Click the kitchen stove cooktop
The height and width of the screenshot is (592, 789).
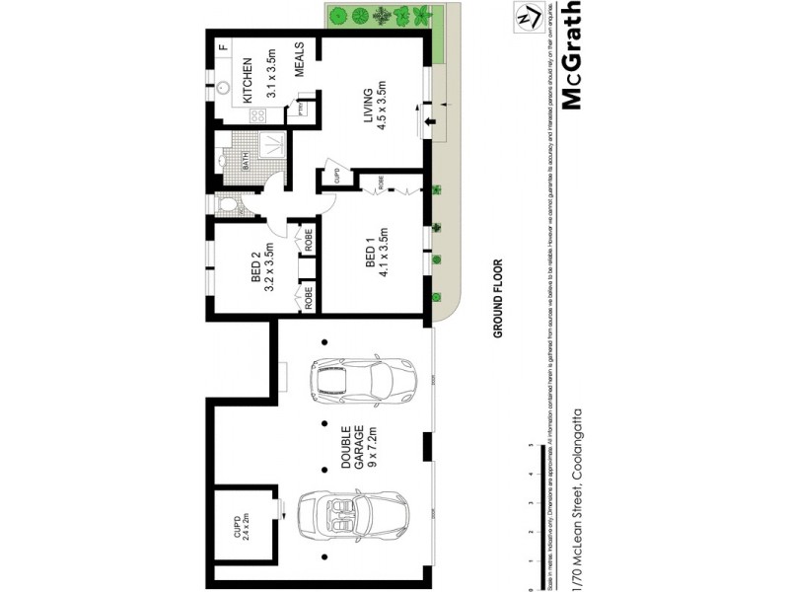(x=256, y=115)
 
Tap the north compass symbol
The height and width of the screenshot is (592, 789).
(x=526, y=17)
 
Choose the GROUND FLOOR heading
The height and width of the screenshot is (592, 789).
(x=498, y=298)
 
